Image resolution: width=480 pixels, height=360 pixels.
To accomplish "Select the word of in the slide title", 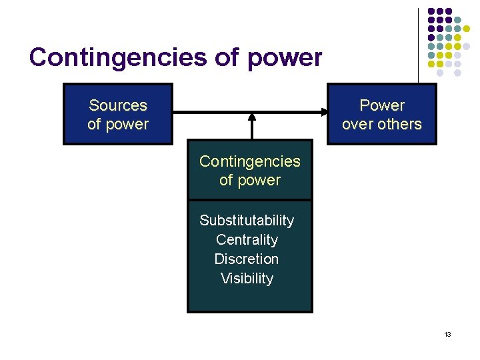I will point(227,58).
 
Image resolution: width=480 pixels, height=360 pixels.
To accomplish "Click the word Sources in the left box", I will point(118,105).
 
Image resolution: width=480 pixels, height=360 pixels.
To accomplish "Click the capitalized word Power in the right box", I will point(382,105).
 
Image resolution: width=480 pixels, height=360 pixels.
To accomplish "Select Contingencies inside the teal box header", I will point(250,161).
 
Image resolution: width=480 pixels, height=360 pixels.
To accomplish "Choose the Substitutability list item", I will point(247,220).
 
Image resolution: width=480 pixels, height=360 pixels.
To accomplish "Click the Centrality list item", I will point(247,239).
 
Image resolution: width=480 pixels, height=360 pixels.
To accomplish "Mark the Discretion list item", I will point(247,259).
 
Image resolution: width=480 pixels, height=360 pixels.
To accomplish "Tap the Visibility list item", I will point(247,278).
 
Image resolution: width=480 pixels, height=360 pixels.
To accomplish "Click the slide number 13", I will point(447,333).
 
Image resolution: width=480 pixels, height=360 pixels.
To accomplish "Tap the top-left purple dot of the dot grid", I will point(431,11).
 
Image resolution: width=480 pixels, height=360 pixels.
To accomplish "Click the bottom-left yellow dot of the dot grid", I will point(431,64).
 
